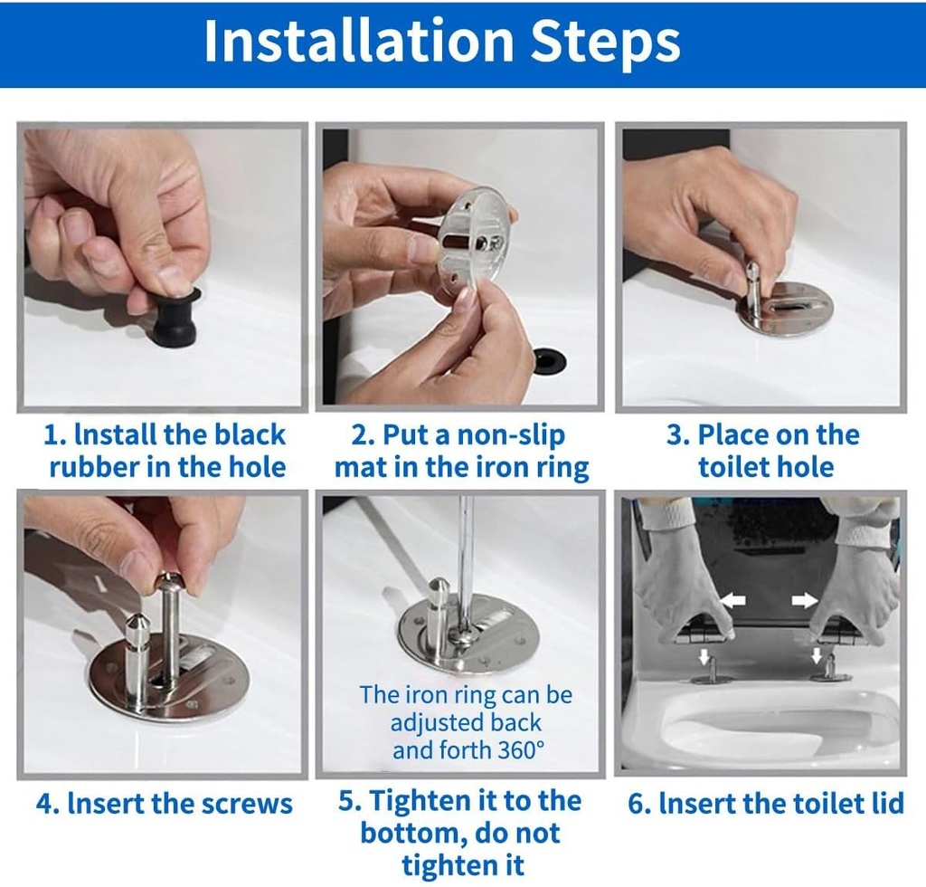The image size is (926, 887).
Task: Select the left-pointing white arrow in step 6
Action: (x=733, y=600)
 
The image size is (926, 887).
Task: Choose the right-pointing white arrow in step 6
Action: (x=805, y=600)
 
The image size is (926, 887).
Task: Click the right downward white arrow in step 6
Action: (x=817, y=655)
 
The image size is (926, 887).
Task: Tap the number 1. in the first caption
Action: (x=55, y=436)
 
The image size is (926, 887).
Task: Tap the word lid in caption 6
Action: (x=887, y=804)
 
